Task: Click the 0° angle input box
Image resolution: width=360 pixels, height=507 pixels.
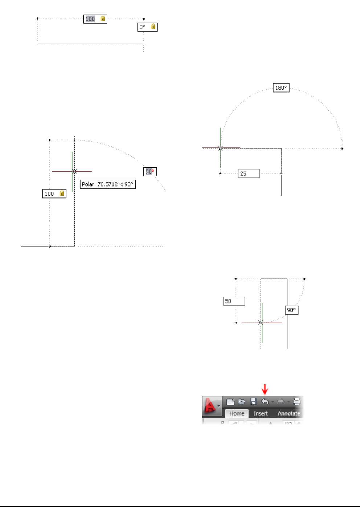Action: coord(143,27)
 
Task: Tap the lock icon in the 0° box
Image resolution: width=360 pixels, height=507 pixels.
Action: coord(153,26)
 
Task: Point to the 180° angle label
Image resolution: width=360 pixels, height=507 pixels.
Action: coord(281,88)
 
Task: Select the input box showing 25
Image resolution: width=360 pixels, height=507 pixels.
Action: coord(249,173)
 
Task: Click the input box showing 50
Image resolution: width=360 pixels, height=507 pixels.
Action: coord(234,301)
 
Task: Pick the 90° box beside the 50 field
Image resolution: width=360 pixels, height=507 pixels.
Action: coord(291,310)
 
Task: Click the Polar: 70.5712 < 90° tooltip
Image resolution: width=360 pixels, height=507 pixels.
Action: coord(108,184)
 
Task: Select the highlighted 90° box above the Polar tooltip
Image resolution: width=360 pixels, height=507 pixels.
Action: coord(150,172)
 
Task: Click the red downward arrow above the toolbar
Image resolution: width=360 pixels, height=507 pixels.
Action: coord(265,390)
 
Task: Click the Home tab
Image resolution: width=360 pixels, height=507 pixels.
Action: coord(237,413)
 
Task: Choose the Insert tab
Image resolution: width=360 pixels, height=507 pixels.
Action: coord(261,413)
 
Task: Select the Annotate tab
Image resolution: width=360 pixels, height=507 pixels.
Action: coord(289,413)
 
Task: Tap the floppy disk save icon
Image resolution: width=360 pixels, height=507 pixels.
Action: coord(253,401)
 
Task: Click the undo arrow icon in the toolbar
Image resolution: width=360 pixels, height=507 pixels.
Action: coord(265,401)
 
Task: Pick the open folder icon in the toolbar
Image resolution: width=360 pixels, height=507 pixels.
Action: coord(242,401)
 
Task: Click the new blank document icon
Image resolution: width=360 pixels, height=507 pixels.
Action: coord(230,401)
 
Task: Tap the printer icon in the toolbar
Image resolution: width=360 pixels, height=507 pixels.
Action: coord(296,401)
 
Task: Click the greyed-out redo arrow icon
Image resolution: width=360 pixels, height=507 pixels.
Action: coord(280,401)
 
